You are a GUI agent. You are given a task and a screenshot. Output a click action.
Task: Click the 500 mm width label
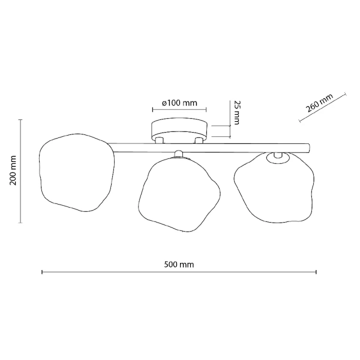pyautogui.click(x=179, y=264)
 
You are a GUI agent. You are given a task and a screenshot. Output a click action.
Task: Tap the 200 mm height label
pyautogui.click(x=14, y=171)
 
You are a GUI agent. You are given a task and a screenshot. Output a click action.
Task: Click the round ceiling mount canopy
pyautogui.click(x=179, y=129)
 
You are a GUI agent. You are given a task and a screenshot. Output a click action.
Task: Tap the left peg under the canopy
pyautogui.click(x=160, y=140)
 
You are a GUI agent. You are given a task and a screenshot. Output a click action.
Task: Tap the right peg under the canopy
pyautogui.click(x=199, y=140)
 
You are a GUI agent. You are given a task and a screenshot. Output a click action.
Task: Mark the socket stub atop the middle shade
pyautogui.click(x=178, y=154)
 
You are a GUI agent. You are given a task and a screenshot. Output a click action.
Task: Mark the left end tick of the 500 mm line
pyautogui.click(x=41, y=272)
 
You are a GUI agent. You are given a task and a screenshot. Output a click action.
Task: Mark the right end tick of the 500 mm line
pyautogui.click(x=316, y=272)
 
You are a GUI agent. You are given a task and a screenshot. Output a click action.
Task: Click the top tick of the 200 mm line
pyautogui.click(x=22, y=120)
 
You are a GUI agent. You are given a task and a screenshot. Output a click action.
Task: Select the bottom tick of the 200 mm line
pyautogui.click(x=22, y=223)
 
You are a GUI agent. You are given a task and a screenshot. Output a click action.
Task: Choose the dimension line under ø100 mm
pyautogui.click(x=179, y=110)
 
